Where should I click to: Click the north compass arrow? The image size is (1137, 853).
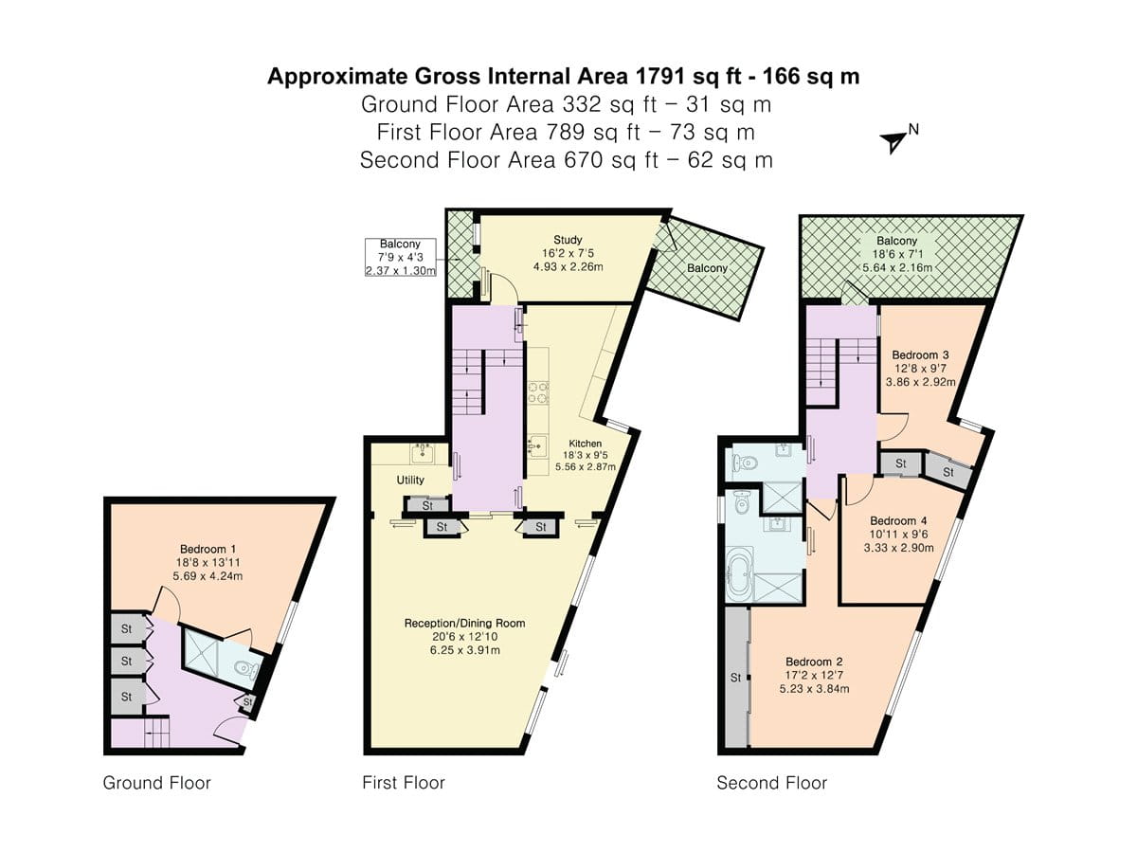[893, 141]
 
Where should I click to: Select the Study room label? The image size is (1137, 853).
[568, 240]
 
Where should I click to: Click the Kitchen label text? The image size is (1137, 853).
[585, 444]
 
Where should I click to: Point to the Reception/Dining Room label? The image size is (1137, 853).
[464, 623]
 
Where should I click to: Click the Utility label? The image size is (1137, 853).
[410, 481]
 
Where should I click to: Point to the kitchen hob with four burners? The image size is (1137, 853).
[538, 392]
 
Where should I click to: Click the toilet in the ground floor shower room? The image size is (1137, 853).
[247, 670]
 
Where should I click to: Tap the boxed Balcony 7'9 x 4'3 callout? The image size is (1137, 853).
[401, 257]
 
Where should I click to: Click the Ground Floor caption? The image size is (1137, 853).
[156, 783]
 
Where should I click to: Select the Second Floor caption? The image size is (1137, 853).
[771, 783]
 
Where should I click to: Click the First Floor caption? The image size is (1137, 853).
[403, 783]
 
